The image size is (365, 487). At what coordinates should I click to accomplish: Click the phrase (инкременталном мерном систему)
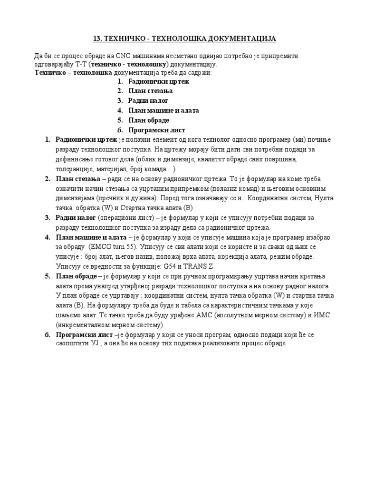[x=110, y=325]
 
